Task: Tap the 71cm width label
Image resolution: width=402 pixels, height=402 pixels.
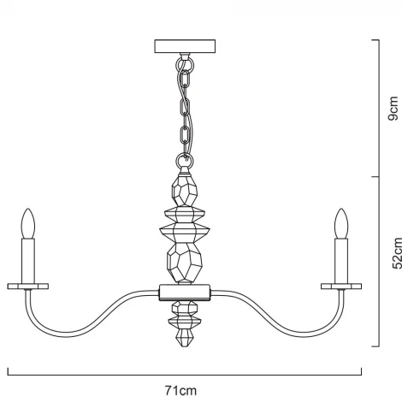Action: (185, 390)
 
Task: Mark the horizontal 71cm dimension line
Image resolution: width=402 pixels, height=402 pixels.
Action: (185, 373)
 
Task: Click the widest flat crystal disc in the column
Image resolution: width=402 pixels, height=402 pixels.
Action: (185, 229)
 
